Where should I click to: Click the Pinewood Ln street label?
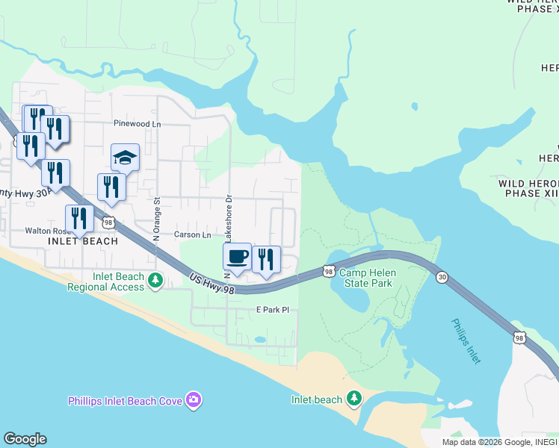point(137,123)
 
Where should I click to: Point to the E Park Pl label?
point(272,309)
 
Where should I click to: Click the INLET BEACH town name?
point(83,241)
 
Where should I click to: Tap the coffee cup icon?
point(238,257)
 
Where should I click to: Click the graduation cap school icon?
point(126,158)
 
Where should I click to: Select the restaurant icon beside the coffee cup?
point(266,259)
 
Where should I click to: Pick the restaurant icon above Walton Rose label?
point(79,218)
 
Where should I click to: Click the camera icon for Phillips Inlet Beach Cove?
point(194,401)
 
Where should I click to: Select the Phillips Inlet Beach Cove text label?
point(125,402)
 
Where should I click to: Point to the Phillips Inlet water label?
point(465,340)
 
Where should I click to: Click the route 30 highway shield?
point(442,277)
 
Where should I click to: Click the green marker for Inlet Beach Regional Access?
point(155,281)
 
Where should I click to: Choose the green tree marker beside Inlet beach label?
point(354,399)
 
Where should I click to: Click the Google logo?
point(25,439)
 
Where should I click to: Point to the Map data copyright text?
point(498,442)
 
